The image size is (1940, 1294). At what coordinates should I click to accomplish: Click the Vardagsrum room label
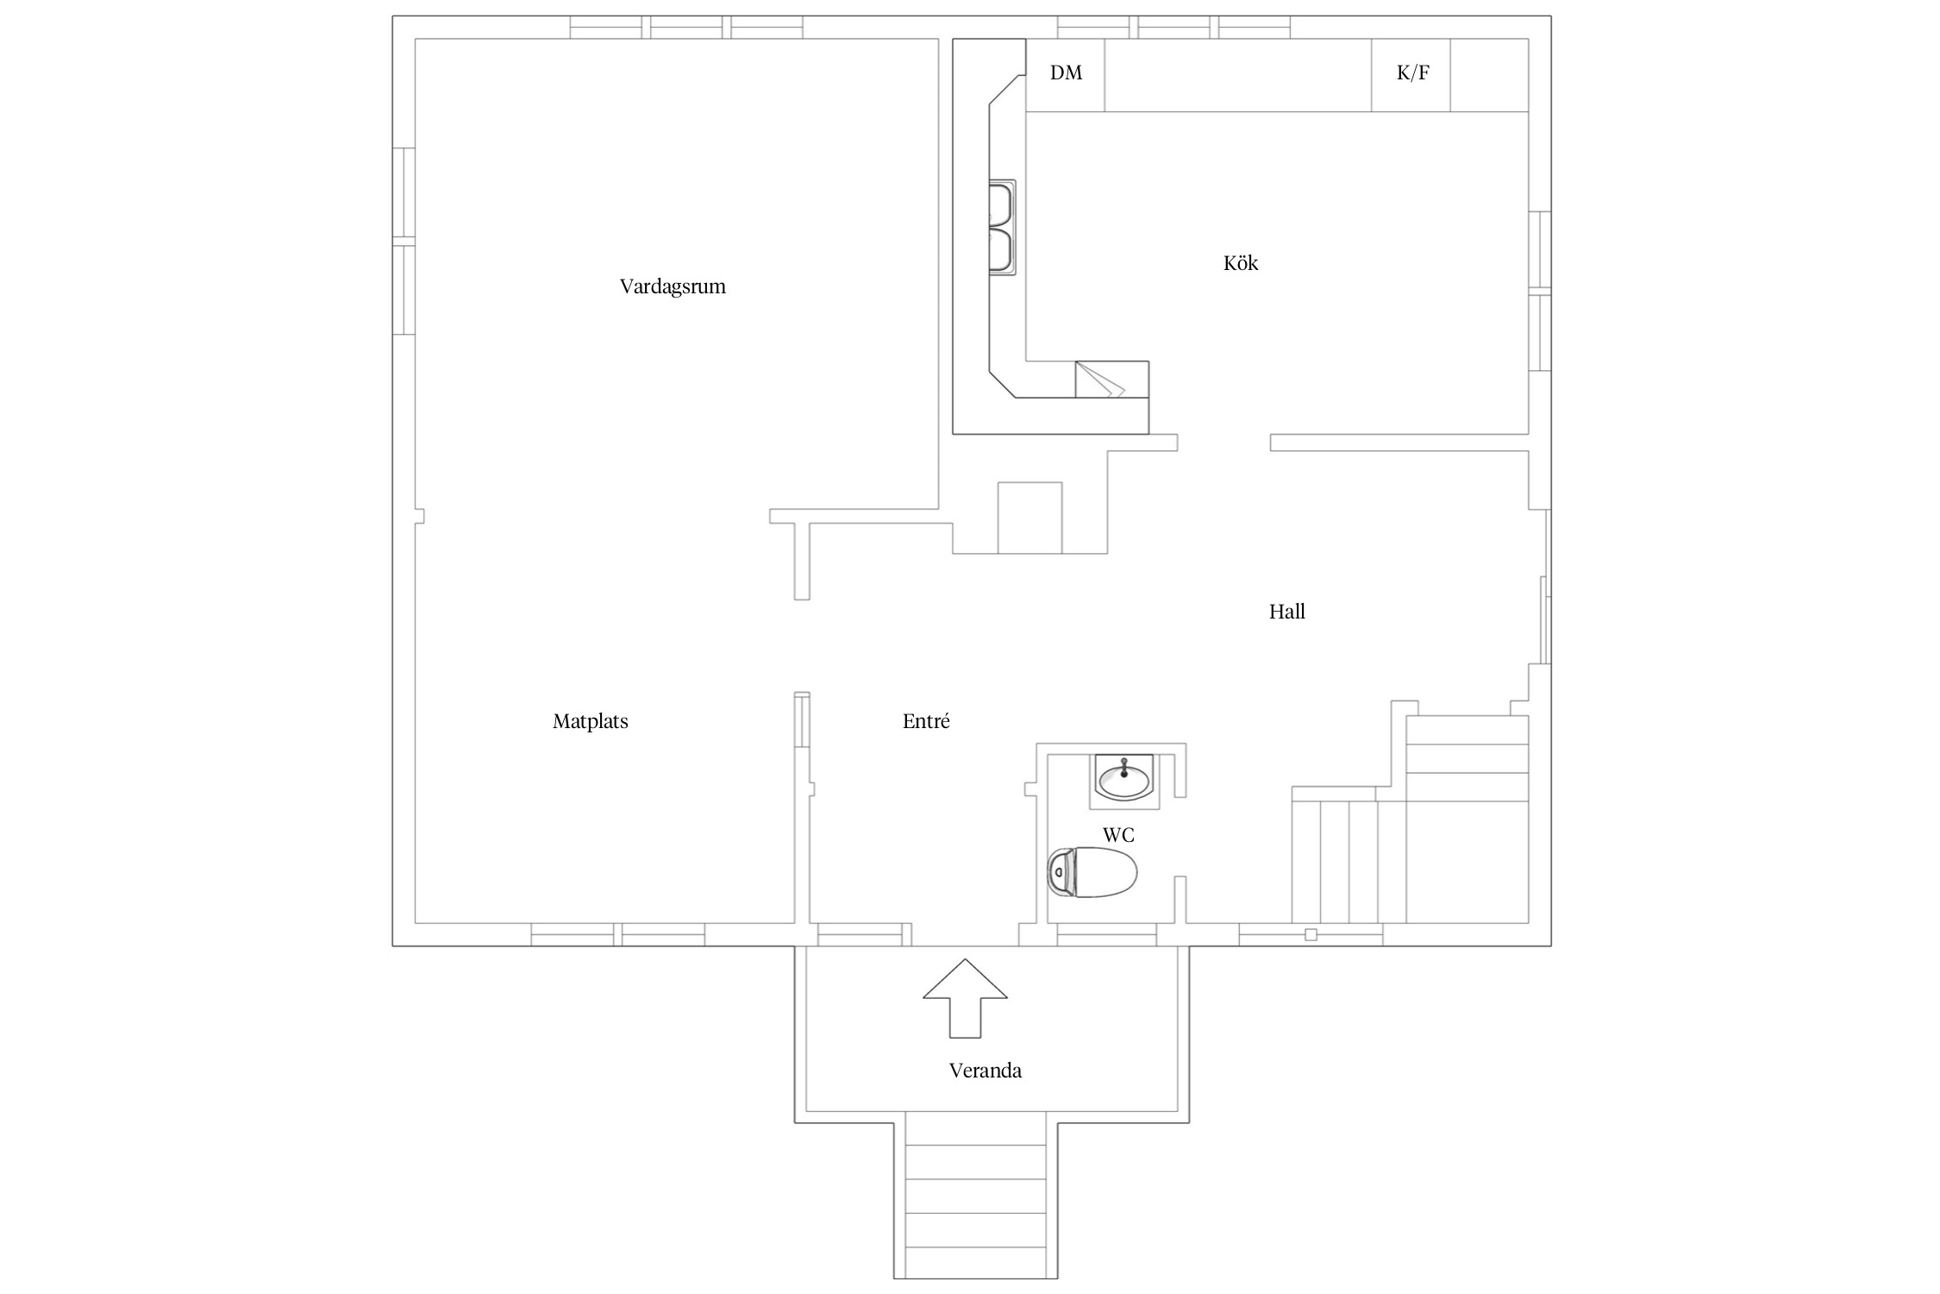pos(673,286)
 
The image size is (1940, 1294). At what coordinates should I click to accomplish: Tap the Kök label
pos(1241,262)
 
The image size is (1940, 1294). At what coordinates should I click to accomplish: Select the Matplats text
pos(591,721)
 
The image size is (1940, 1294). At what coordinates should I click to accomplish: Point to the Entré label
pos(926,721)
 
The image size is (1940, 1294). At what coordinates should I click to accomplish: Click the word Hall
pos(1287,612)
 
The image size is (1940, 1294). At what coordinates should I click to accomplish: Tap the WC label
pos(1118,835)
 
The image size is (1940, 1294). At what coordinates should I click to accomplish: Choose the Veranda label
pos(986,1071)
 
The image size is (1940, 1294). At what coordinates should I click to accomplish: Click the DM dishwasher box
pos(1066,74)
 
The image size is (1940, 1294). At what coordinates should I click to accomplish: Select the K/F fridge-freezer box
pos(1411,74)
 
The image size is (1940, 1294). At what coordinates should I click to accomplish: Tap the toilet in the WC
pos(1092,872)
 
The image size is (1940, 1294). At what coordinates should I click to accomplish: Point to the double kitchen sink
pos(1002,228)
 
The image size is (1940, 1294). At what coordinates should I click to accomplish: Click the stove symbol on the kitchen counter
pos(1112,380)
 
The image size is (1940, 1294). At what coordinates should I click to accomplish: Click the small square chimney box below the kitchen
pos(1029,518)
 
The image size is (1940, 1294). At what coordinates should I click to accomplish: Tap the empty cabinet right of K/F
pos(1490,74)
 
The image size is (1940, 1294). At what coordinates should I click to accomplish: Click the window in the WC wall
pos(1106,935)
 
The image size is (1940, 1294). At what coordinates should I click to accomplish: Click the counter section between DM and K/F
pos(1238,74)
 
